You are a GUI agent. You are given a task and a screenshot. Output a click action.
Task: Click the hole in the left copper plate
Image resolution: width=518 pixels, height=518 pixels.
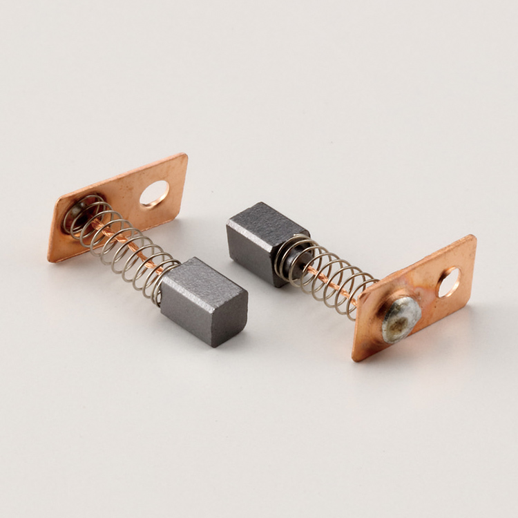pyautogui.click(x=154, y=194)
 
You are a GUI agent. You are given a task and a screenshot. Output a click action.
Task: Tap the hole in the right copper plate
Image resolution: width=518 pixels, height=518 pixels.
pyautogui.click(x=449, y=282)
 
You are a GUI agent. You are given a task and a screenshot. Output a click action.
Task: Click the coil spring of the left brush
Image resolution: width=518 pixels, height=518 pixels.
pyautogui.click(x=121, y=242)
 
